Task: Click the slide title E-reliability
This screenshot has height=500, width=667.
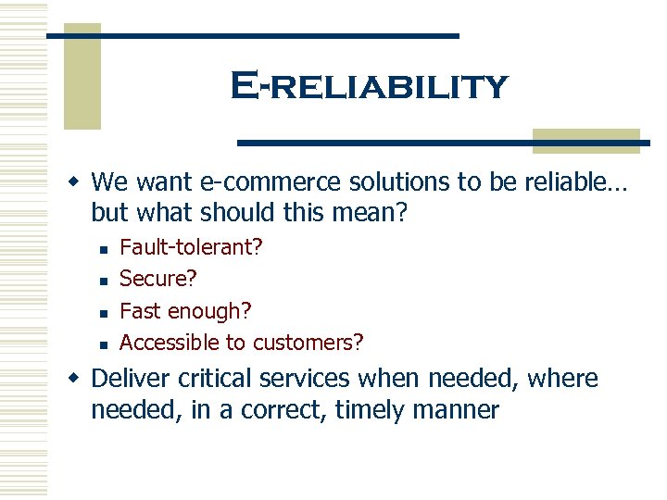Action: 369,87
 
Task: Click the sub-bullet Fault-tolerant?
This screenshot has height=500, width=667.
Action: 191,247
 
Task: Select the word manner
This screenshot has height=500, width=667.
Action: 462,410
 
